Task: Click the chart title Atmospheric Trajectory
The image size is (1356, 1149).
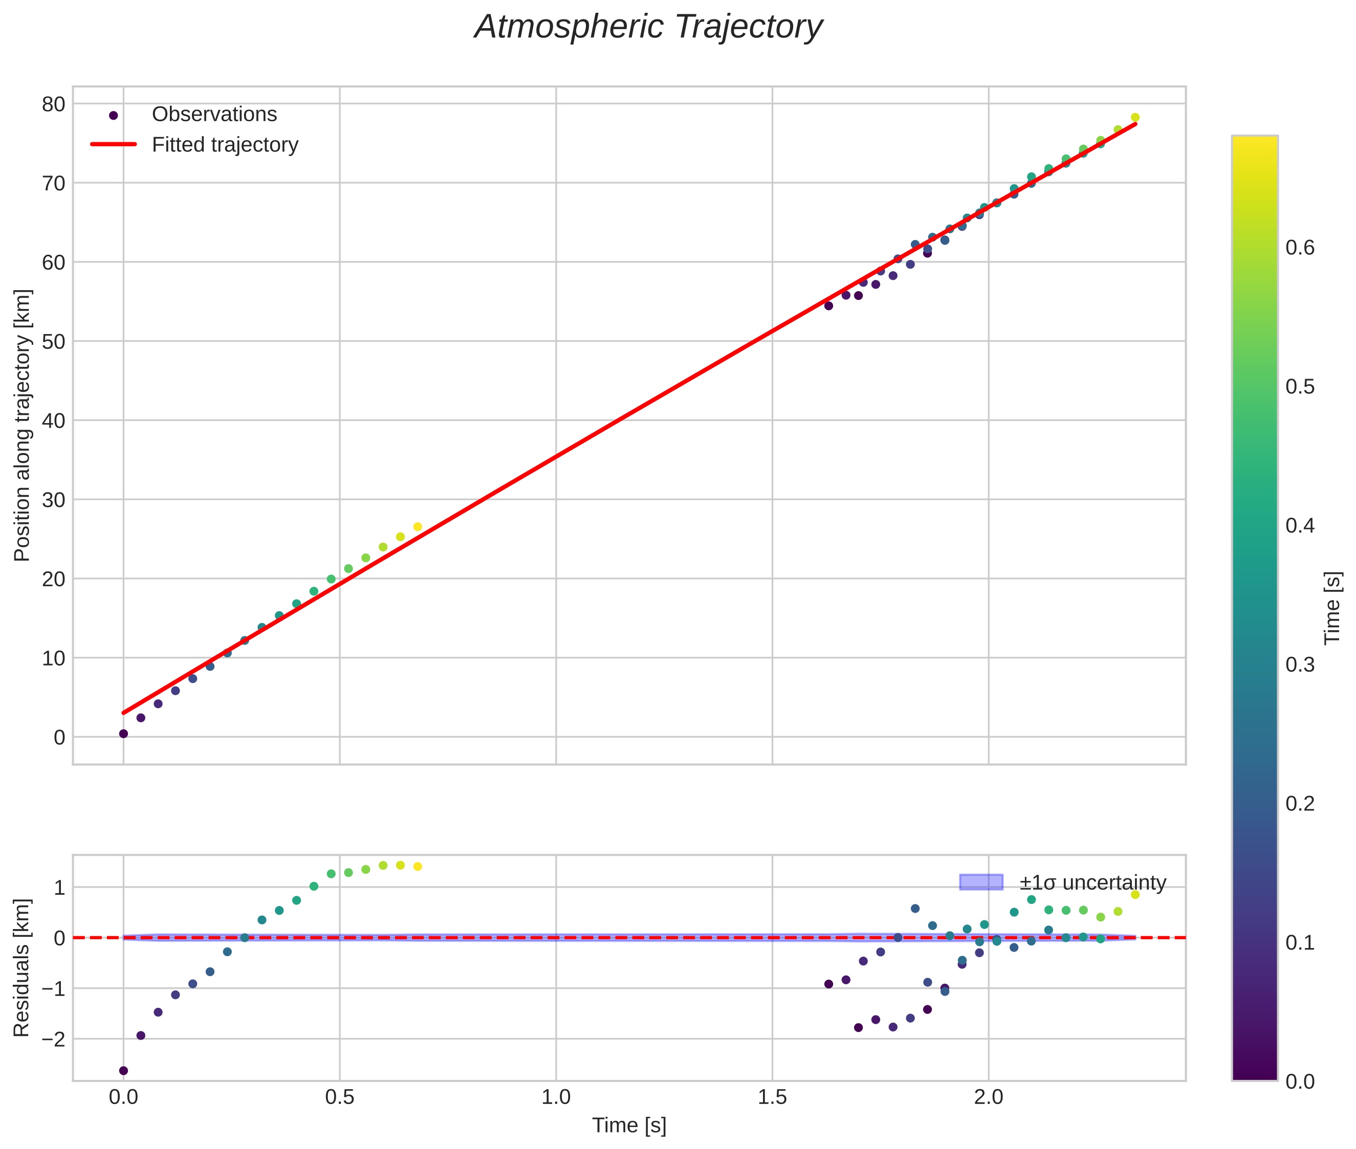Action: coord(648,27)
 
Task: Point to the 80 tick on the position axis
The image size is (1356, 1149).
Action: coord(54,104)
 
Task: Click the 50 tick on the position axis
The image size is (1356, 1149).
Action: coord(54,341)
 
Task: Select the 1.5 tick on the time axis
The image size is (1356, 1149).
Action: coord(772,1097)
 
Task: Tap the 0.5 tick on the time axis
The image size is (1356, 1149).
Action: coord(339,1097)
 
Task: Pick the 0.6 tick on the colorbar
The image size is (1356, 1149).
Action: coord(1299,248)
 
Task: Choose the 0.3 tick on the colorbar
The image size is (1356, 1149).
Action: coord(1299,665)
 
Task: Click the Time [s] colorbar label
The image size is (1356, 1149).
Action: coord(1333,608)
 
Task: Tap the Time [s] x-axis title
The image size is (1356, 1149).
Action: coord(629,1125)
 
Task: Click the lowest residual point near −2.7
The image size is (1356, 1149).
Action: coord(123,1070)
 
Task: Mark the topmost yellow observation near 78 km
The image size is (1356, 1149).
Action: coord(1135,117)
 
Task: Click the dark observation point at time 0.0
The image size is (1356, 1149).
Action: coord(123,734)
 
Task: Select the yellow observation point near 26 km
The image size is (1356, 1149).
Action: coord(418,527)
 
